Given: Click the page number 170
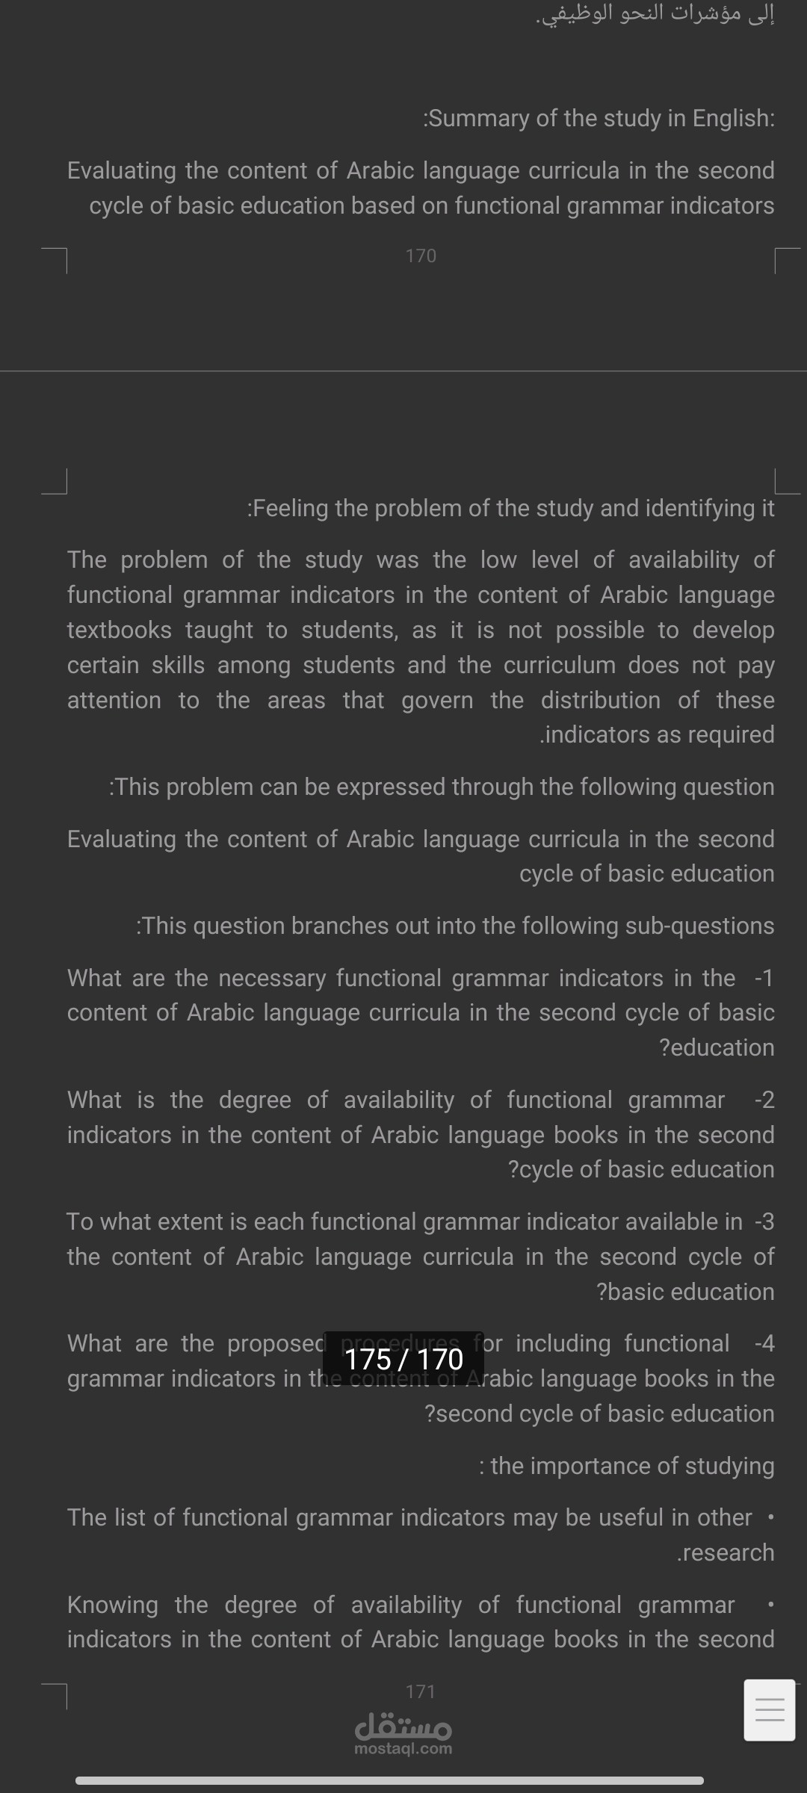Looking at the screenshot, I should [x=421, y=256].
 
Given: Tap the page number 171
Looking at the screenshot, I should [x=421, y=1692].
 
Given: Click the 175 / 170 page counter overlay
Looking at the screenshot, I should [x=403, y=1359].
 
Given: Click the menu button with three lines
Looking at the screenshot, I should [x=770, y=1710].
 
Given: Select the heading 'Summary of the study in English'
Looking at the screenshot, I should [x=599, y=118].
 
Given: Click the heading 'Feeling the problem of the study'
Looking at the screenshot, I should [x=511, y=509].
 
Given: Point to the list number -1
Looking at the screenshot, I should [x=764, y=978].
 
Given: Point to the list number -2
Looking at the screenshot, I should [x=764, y=1100].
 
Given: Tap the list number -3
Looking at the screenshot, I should [x=764, y=1221].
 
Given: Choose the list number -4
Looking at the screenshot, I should [x=764, y=1343].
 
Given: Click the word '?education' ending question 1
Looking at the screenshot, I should [x=717, y=1047].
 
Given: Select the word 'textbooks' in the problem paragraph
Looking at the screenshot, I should [x=120, y=630].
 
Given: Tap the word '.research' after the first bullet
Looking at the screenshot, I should [x=726, y=1552].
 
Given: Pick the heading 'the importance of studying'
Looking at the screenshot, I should [x=627, y=1466].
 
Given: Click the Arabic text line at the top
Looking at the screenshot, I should [x=655, y=13].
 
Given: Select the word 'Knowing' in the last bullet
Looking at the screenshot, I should [x=113, y=1605].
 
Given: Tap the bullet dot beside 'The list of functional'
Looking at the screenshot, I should [x=770, y=1517].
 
